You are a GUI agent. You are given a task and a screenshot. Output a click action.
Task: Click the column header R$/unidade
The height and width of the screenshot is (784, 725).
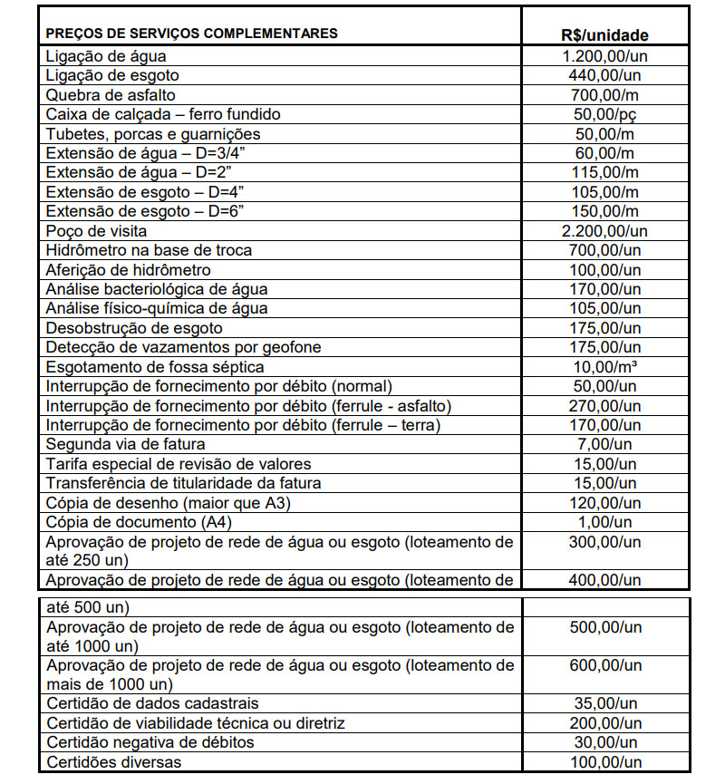pyautogui.click(x=604, y=36)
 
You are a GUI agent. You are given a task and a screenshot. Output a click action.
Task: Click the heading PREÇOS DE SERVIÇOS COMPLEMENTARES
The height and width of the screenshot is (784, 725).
pyautogui.click(x=191, y=34)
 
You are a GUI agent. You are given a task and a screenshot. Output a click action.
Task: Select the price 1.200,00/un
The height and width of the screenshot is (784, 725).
pyautogui.click(x=604, y=55)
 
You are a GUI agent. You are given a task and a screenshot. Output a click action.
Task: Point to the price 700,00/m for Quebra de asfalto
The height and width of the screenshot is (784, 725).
pyautogui.click(x=604, y=94)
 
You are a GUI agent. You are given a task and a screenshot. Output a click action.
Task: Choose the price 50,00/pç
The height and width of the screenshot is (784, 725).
pyautogui.click(x=604, y=114)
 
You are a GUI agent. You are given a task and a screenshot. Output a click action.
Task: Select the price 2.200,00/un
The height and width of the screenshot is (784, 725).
pyautogui.click(x=604, y=231)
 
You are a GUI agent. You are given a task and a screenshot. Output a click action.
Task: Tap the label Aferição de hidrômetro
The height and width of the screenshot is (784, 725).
pyautogui.click(x=128, y=270)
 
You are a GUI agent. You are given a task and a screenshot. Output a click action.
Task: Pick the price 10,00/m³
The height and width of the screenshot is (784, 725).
pyautogui.click(x=604, y=367)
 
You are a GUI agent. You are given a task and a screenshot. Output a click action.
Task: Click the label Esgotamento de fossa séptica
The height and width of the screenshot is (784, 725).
pyautogui.click(x=155, y=367)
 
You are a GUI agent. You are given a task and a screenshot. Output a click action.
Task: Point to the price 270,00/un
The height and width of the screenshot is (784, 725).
pyautogui.click(x=604, y=405)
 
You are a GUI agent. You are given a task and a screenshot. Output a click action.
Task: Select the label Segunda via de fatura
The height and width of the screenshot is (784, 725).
pyautogui.click(x=125, y=444)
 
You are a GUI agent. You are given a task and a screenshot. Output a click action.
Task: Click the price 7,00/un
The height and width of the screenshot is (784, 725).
pyautogui.click(x=604, y=444)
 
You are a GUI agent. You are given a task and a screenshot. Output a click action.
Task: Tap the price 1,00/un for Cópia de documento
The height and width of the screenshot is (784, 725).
pyautogui.click(x=604, y=522)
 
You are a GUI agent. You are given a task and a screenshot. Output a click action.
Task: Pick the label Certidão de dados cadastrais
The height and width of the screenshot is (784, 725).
pyautogui.click(x=152, y=704)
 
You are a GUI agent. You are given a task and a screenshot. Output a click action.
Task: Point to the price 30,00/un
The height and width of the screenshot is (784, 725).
pyautogui.click(x=604, y=742)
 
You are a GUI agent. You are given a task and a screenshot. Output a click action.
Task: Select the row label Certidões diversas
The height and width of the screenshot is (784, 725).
pyautogui.click(x=113, y=762)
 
